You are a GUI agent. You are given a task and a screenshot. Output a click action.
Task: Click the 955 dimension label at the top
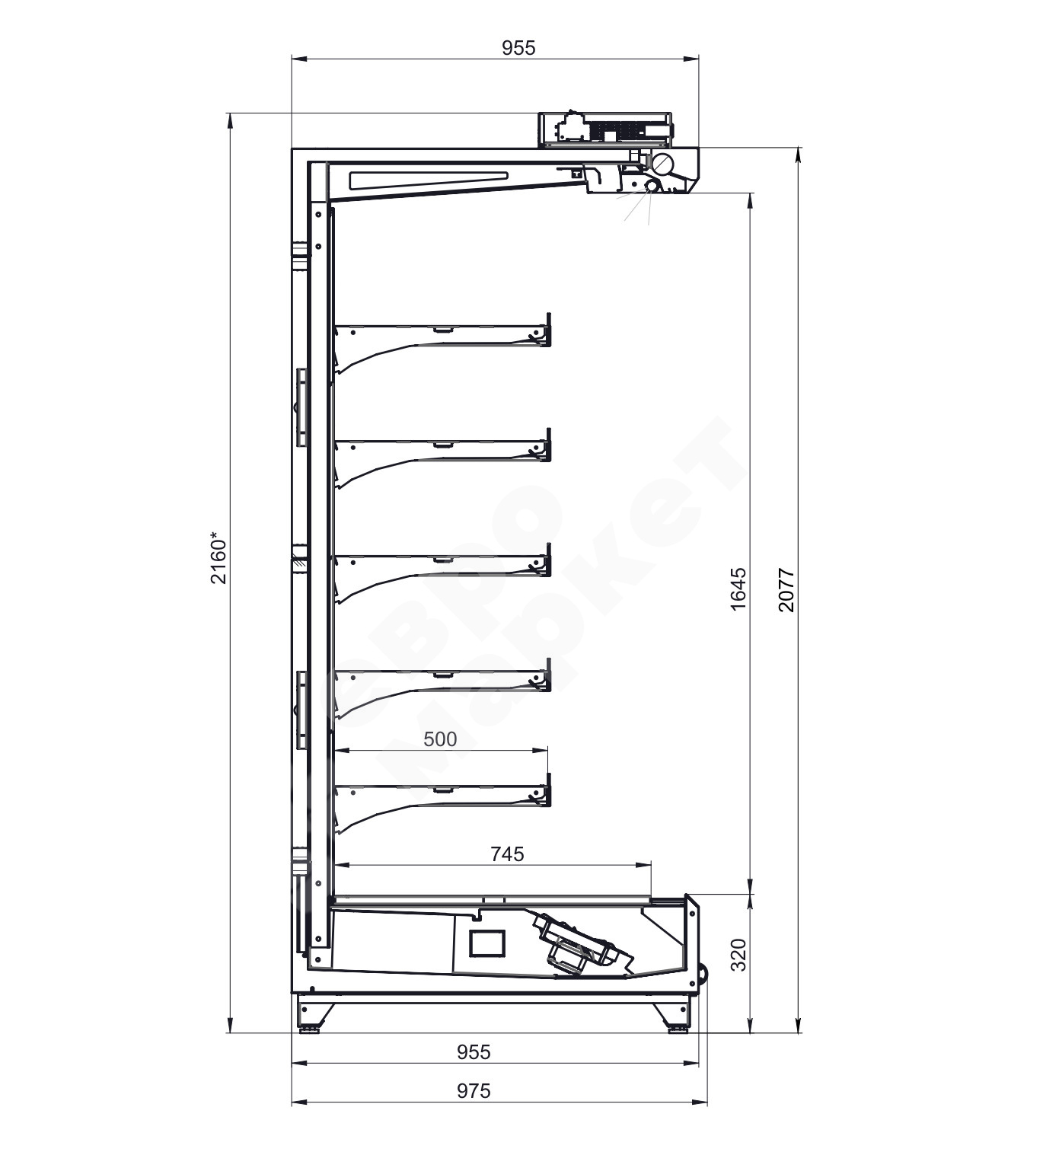click(518, 48)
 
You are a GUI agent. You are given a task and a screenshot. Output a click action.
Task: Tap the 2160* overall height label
click(219, 561)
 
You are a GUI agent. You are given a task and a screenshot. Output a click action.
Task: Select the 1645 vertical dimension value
click(738, 589)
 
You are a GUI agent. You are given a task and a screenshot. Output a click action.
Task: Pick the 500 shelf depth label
click(440, 739)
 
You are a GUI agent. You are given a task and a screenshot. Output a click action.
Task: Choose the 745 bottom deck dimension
click(507, 854)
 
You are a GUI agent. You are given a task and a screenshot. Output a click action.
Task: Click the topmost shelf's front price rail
click(548, 330)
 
